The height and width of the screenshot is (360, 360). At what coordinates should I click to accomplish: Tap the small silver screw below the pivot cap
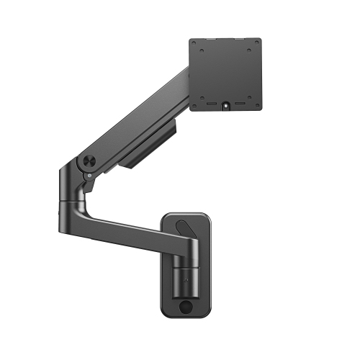tap(87, 174)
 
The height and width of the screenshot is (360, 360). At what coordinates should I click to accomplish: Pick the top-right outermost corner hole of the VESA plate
tap(258, 45)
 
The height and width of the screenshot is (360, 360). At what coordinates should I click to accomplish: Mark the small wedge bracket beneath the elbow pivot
tap(89, 185)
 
